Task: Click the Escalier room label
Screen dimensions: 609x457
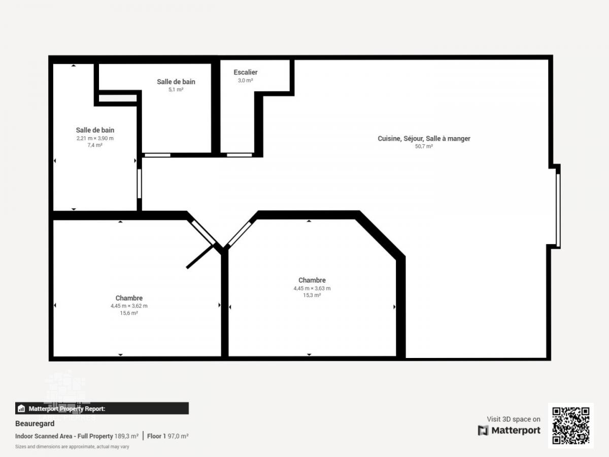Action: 245,73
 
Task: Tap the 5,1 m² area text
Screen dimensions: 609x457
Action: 176,90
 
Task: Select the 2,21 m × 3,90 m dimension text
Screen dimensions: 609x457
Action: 95,138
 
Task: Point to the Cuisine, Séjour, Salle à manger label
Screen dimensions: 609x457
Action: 424,139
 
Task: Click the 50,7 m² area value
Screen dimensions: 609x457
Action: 424,146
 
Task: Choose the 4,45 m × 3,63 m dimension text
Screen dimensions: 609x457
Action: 312,288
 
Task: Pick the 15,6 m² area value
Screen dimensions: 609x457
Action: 129,313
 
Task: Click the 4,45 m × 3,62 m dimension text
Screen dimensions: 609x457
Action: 129,306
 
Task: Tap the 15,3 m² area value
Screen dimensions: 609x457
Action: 312,295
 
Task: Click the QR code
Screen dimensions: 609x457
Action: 571,426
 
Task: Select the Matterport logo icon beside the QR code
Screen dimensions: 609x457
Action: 483,431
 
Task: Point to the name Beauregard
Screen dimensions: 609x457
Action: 35,423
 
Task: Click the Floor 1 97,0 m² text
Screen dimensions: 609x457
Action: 168,436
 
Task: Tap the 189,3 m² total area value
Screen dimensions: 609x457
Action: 126,436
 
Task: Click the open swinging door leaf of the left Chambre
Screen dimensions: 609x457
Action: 200,256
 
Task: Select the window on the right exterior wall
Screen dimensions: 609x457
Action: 558,210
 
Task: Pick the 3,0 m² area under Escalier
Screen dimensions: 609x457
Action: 245,80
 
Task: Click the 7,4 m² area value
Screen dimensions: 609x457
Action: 95,145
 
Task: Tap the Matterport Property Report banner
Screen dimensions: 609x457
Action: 102,408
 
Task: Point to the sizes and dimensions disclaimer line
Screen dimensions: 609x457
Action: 72,446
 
